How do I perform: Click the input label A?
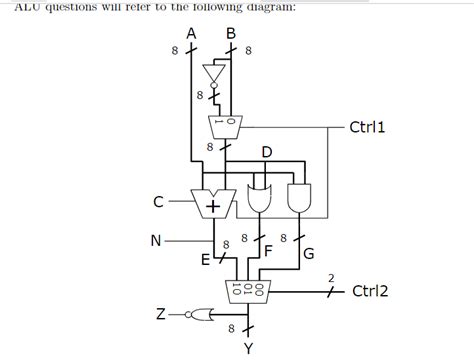point(191,32)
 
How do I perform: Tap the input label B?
point(231,32)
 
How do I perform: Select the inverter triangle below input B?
point(212,75)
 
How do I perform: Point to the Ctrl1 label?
point(367,127)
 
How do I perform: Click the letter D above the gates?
point(266,152)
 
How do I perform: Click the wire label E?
point(205,262)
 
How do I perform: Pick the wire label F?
point(268,252)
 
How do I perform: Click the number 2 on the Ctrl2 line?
point(332,275)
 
